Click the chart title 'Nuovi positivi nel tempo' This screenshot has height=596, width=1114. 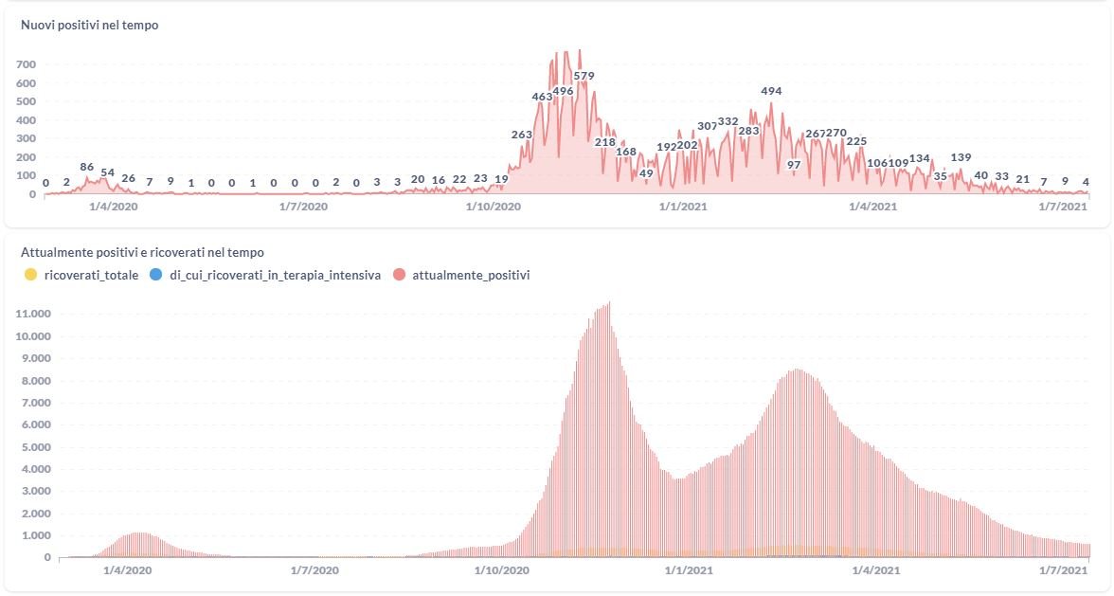tap(89, 26)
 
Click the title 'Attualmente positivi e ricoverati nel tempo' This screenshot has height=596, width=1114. tap(142, 253)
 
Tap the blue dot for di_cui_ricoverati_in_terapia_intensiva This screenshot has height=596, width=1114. tap(155, 276)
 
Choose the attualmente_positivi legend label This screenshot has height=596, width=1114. tap(471, 276)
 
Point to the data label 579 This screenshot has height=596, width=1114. tap(584, 76)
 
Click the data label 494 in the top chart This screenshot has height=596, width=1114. tap(771, 91)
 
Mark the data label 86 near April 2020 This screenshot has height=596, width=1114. tap(87, 167)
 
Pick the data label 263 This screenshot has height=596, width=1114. tap(522, 135)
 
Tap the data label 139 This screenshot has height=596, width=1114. tap(961, 157)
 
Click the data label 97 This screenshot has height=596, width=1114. tap(794, 165)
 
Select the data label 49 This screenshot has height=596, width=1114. tap(646, 173)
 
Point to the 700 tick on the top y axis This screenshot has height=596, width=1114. tap(26, 64)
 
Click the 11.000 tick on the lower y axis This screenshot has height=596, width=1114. tap(33, 314)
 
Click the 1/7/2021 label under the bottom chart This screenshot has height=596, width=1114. tap(1063, 570)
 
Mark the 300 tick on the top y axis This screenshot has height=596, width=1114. tap(26, 138)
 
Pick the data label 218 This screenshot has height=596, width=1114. tap(604, 142)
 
